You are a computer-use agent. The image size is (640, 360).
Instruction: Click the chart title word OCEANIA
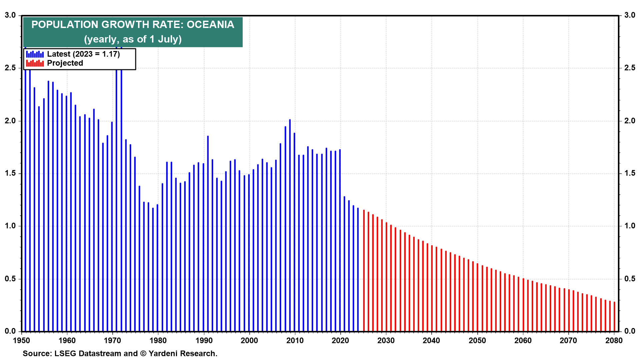pos(210,25)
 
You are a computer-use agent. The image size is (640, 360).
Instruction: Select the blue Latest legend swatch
pos(35,54)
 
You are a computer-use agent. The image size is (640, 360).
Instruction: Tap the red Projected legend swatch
pos(35,63)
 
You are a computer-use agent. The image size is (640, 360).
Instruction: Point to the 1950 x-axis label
pos(21,340)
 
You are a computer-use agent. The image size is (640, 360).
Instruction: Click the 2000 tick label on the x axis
pos(249,340)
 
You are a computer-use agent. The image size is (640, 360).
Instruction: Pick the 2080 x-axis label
pos(614,340)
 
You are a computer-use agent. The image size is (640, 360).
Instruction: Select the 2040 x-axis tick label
pos(431,340)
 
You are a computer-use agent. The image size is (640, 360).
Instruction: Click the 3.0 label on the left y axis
pos(10,15)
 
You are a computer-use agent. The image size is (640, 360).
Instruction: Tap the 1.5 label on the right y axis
pos(630,173)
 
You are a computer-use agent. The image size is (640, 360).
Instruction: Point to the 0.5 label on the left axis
pos(10,279)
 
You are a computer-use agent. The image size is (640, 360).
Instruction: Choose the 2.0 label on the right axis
pos(630,121)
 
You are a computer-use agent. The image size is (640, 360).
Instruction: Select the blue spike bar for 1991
pos(208,233)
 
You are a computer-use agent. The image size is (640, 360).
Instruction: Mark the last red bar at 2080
pos(614,317)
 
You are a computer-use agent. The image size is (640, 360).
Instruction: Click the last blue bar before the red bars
pos(358,270)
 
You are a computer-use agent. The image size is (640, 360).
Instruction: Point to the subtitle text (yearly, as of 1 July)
pos(133,39)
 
